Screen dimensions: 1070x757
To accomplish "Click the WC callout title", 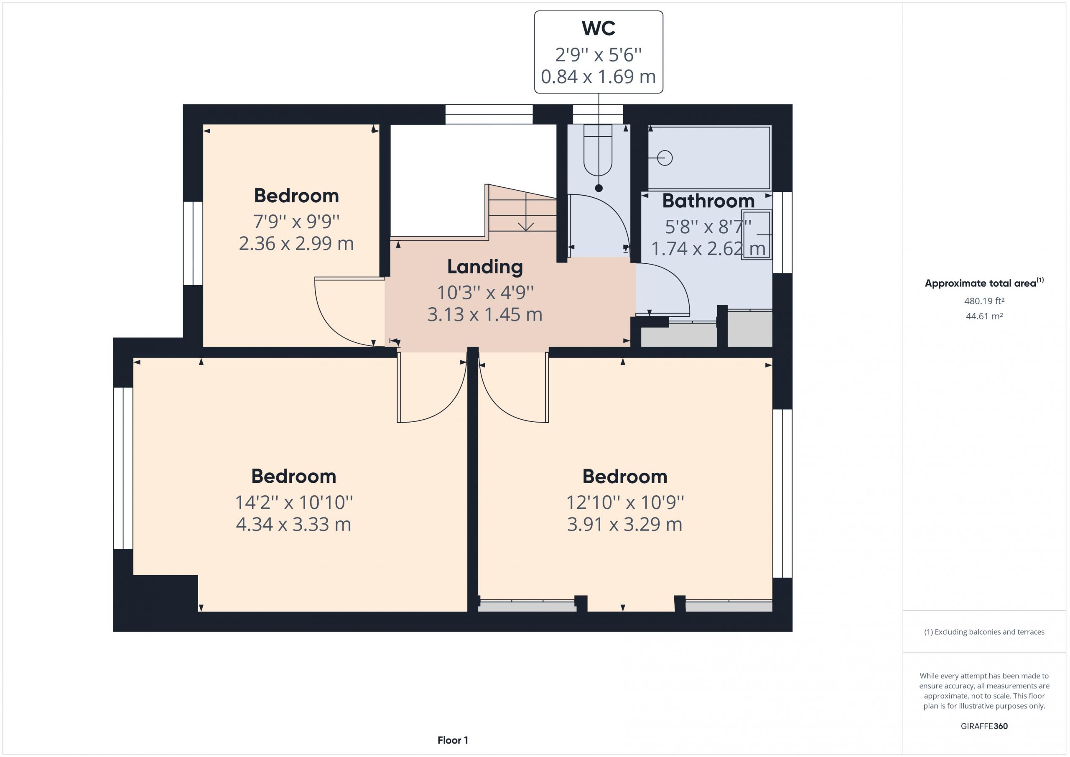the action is (599, 28).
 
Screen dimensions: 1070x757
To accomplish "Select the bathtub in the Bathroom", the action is (709, 158).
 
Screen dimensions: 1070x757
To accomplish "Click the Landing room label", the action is (485, 267).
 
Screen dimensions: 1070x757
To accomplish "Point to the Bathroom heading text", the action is (708, 201).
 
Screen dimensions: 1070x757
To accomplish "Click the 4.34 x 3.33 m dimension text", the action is (293, 525).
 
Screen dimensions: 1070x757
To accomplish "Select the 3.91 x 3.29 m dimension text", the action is (625, 525).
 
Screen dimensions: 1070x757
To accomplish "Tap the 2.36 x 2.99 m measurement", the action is (296, 243).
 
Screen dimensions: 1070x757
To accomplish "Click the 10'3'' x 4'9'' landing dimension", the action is (485, 293).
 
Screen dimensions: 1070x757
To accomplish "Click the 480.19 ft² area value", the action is (984, 301).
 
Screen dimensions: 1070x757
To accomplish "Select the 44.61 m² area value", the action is (984, 316).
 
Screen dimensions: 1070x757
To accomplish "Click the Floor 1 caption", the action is (453, 740).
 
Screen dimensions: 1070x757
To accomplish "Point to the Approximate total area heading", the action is (984, 283).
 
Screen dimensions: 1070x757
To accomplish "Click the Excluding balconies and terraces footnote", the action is (984, 632).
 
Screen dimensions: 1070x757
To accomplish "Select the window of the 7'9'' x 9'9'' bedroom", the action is (193, 243).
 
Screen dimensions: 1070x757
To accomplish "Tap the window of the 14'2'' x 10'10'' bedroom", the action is (123, 468).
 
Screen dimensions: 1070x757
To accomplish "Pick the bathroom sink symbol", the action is (757, 234).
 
